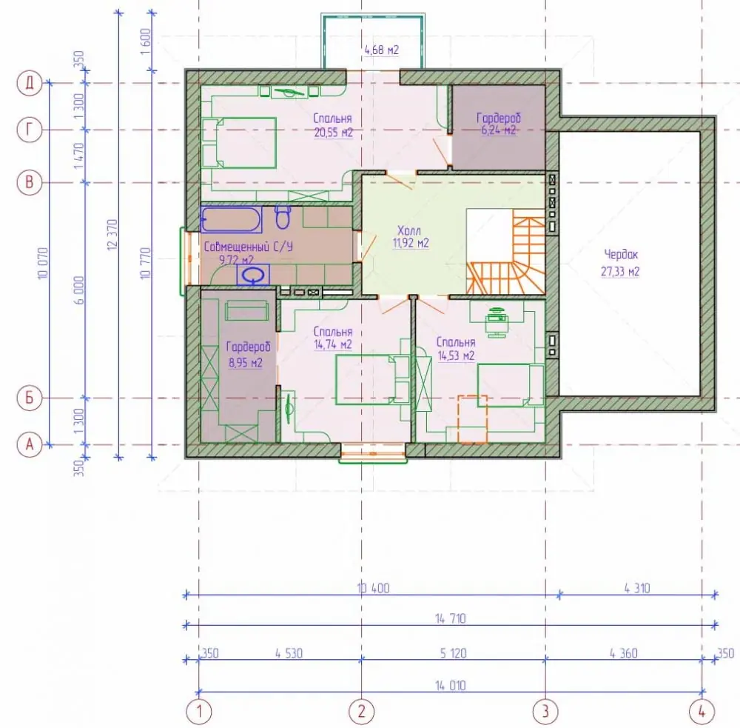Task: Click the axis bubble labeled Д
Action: (x=30, y=84)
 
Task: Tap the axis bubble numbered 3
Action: (x=545, y=711)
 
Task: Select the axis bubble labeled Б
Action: (x=30, y=398)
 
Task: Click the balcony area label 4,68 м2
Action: (x=382, y=50)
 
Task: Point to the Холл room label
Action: (x=409, y=230)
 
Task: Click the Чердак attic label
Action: (x=621, y=255)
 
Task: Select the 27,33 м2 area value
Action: (x=620, y=272)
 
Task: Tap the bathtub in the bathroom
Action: (x=231, y=220)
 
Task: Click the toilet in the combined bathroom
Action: (x=283, y=216)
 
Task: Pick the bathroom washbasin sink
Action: (x=253, y=275)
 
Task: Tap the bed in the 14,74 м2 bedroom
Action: (x=372, y=379)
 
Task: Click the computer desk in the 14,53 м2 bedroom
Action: (x=497, y=319)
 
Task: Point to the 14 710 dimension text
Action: (x=450, y=618)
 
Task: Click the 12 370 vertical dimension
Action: (x=112, y=234)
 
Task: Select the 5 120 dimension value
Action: (x=453, y=653)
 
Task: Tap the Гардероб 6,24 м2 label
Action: (x=498, y=123)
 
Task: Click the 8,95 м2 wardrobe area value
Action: (x=246, y=363)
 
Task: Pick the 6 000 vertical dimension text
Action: (x=80, y=290)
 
